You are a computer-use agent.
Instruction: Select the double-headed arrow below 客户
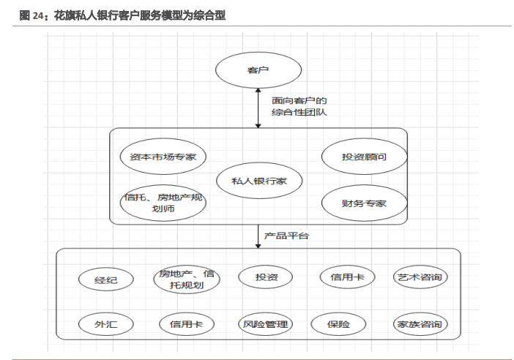click(258, 107)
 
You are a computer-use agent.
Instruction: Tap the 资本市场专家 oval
click(163, 157)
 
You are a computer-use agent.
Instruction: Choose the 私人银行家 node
click(258, 181)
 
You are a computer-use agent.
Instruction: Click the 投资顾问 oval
click(364, 157)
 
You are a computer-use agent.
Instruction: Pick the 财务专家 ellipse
click(364, 203)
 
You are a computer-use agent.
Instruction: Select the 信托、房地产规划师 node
click(163, 203)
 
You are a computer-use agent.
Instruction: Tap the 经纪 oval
click(105, 279)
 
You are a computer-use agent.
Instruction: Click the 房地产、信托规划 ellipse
click(187, 279)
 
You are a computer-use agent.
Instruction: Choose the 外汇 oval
click(105, 324)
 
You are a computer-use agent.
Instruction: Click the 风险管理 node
click(265, 324)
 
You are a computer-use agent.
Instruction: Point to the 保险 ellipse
click(338, 324)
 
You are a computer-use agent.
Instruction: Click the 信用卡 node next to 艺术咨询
click(347, 277)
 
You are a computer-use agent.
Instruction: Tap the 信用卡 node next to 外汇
click(186, 324)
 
